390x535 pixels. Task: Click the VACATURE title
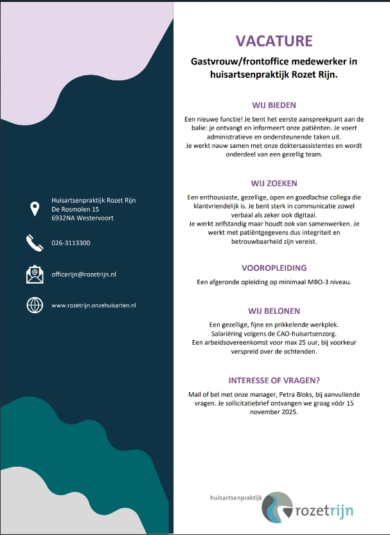tap(274, 42)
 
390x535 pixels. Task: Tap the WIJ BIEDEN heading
tap(274, 105)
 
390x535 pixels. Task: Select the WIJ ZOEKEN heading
tap(274, 183)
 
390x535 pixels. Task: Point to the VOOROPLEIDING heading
tap(274, 267)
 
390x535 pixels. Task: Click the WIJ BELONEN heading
tap(274, 311)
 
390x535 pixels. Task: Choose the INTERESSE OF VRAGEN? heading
tap(274, 380)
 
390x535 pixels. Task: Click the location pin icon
tap(34, 208)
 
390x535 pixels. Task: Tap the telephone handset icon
tap(34, 242)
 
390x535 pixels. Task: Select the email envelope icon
tap(34, 274)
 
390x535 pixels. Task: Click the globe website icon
tap(34, 305)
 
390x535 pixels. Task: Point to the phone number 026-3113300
tap(71, 243)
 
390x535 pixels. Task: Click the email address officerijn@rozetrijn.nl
tap(84, 275)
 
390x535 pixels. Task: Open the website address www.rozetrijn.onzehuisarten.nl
tap(94, 305)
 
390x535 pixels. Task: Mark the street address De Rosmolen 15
tap(75, 209)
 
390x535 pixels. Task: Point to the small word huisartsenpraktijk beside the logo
tap(236, 498)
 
